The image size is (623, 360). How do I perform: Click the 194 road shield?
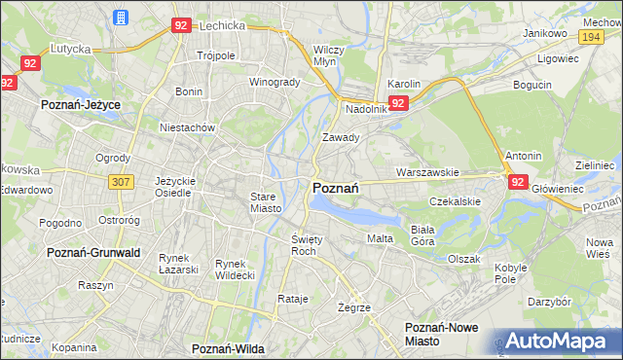click(x=590, y=36)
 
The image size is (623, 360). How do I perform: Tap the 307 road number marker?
click(x=122, y=181)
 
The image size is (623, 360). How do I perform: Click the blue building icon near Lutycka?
click(x=120, y=18)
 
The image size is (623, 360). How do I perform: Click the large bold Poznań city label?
click(x=337, y=189)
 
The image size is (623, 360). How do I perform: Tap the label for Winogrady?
click(x=275, y=82)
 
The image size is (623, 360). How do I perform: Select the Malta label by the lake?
click(x=380, y=238)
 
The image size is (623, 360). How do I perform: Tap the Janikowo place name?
click(x=544, y=33)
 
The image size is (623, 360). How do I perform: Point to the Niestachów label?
click(x=187, y=126)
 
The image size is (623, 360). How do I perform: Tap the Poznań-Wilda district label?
click(x=229, y=347)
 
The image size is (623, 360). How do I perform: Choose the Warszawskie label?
click(x=427, y=172)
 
